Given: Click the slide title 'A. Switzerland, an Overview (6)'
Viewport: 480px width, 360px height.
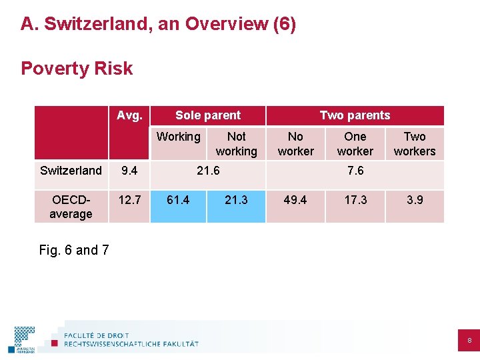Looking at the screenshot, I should coord(158,25).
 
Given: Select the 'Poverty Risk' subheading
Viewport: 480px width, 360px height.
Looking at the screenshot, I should coord(77,69).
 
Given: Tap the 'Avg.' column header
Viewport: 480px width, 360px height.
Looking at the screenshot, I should coord(129,115).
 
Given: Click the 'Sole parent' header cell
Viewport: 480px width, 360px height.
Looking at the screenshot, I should coord(208,115).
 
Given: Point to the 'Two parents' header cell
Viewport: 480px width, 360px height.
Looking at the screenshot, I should coord(355,115).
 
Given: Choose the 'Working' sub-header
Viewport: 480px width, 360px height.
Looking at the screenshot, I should coord(178,137).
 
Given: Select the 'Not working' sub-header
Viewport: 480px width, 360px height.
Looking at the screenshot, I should coord(236,144).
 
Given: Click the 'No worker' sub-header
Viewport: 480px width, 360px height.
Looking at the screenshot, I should coord(295,144).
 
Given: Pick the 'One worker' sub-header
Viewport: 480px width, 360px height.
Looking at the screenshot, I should coord(355,144).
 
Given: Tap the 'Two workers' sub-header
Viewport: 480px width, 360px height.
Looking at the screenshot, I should coord(414,144).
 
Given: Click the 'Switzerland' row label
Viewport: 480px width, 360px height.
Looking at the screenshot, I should coord(71,171).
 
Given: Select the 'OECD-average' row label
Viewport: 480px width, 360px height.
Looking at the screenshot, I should coord(71,207).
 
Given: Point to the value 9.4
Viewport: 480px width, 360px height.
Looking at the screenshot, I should coord(129,171).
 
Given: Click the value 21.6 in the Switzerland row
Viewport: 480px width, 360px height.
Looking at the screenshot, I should coord(207,171).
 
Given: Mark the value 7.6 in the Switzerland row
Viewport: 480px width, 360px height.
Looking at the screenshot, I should coord(355,171).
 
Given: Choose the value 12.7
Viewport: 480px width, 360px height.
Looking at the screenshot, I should coord(129,199).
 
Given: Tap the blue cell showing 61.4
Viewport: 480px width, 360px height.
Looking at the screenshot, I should coord(178,199).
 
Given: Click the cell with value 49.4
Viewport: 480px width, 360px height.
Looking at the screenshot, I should coord(295,199).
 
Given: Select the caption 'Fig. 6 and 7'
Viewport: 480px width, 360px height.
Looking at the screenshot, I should coord(74,250).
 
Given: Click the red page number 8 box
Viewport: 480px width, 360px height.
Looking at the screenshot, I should coord(469,341).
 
